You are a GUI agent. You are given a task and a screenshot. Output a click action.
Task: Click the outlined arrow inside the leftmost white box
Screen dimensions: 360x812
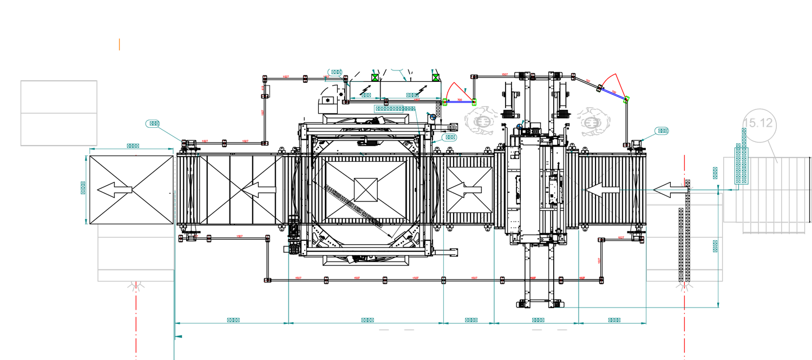115,189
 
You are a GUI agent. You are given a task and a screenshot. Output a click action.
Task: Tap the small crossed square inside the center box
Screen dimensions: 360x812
365,189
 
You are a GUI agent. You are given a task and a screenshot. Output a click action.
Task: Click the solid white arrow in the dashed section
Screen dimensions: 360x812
603,190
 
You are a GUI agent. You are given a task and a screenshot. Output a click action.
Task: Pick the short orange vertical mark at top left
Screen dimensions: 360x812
119,45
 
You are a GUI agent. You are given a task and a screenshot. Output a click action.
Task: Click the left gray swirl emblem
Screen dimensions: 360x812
481,122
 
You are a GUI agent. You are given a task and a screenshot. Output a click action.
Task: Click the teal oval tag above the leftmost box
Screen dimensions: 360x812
153,123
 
